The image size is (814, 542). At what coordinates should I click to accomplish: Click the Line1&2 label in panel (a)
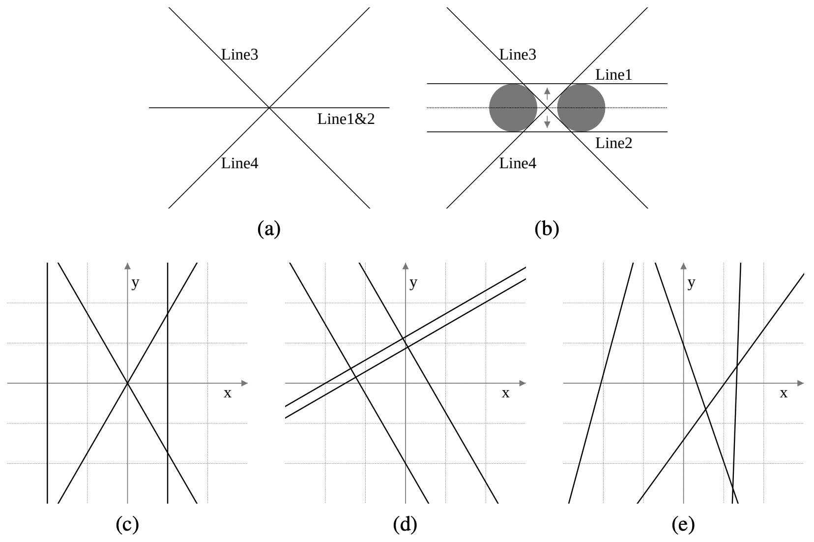[346, 119]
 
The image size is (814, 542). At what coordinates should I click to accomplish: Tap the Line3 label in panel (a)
[240, 55]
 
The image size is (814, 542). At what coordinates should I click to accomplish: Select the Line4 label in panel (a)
[240, 163]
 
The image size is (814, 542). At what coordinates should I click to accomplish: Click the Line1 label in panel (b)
[613, 75]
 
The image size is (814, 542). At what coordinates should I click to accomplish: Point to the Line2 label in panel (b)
[613, 143]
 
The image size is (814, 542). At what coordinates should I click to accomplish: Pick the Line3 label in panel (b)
[518, 55]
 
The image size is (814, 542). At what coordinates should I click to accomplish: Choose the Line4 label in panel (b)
[518, 163]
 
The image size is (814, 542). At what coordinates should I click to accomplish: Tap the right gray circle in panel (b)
[581, 108]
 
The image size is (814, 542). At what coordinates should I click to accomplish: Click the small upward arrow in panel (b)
[547, 93]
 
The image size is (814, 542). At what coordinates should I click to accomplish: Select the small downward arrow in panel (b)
[547, 121]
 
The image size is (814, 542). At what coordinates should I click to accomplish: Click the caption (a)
[269, 229]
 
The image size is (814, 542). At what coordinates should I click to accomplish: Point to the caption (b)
[547, 229]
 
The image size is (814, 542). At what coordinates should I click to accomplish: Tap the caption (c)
[127, 525]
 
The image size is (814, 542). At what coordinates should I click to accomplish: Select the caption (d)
[405, 525]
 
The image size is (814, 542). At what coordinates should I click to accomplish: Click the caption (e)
[683, 525]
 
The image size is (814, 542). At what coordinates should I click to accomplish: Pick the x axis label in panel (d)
[505, 393]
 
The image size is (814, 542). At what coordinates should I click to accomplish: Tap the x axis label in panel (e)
[784, 393]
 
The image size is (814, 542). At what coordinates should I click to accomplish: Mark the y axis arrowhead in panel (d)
[406, 266]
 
